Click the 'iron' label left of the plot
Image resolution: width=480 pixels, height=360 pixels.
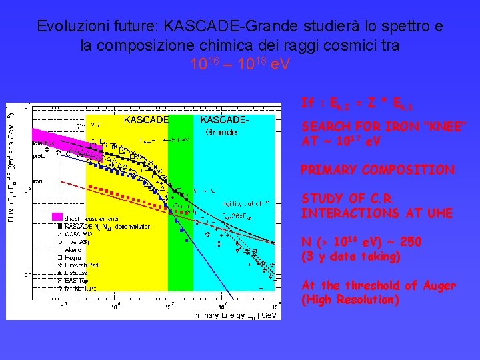pyautogui.click(x=39, y=181)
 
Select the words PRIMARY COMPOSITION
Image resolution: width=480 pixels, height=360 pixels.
pyautogui.click(x=377, y=171)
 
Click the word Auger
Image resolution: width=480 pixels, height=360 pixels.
pyautogui.click(x=439, y=286)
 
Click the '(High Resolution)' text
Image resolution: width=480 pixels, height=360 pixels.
pyautogui.click(x=350, y=300)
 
